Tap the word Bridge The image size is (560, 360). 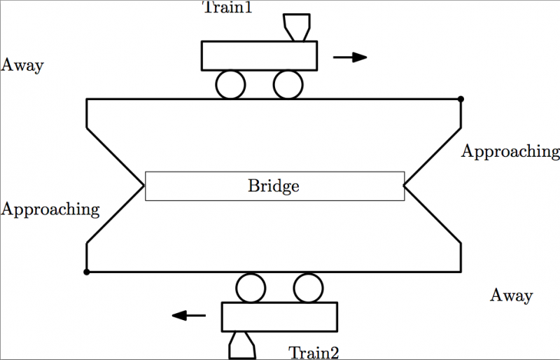coord(274,186)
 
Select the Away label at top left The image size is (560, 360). coord(22,66)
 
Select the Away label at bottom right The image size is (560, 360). coord(511,296)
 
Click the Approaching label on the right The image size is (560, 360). coord(510,151)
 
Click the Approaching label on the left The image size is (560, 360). coord(50,209)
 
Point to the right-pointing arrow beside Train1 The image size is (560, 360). coord(350,57)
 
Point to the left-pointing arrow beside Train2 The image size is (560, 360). coord(189,316)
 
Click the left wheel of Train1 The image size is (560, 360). coord(230,85)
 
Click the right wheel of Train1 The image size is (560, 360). coord(288,85)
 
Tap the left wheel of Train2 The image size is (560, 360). coord(251,287)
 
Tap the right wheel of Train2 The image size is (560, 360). coord(307,287)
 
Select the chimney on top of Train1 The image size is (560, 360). coord(295,27)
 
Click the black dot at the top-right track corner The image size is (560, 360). coord(460,99)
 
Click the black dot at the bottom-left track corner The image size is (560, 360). coord(86,272)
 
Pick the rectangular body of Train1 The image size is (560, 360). coord(259,55)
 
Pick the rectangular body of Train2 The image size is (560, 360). coord(279,317)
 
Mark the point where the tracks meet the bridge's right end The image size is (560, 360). coord(405,186)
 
